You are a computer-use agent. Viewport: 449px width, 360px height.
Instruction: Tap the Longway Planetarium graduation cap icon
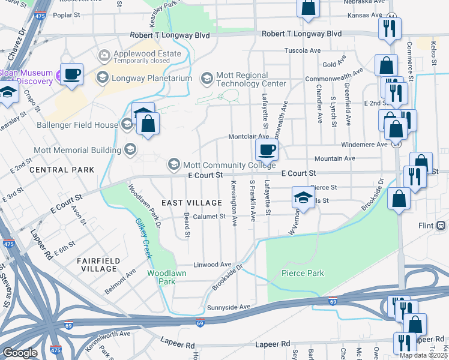[x=102, y=77]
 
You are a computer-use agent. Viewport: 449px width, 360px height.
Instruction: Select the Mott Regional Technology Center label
[x=252, y=79]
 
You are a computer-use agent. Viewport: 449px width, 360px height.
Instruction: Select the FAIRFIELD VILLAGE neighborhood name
[x=98, y=265]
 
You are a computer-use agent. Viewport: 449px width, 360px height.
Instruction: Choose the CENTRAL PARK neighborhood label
[x=61, y=170]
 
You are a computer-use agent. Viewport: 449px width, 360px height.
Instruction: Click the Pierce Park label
[x=303, y=273]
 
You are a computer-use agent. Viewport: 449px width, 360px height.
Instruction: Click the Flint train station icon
[x=441, y=226]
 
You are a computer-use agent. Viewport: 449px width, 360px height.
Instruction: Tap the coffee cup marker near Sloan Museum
[x=71, y=74]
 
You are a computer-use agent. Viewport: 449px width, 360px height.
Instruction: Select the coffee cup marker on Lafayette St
[x=267, y=149]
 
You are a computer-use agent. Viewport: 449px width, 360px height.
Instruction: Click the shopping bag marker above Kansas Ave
[x=308, y=8]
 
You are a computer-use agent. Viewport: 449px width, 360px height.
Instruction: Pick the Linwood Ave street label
[x=212, y=265]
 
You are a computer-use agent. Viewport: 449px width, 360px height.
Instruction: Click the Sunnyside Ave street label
[x=228, y=307]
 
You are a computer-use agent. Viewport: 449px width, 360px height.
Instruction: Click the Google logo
[x=20, y=353]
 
